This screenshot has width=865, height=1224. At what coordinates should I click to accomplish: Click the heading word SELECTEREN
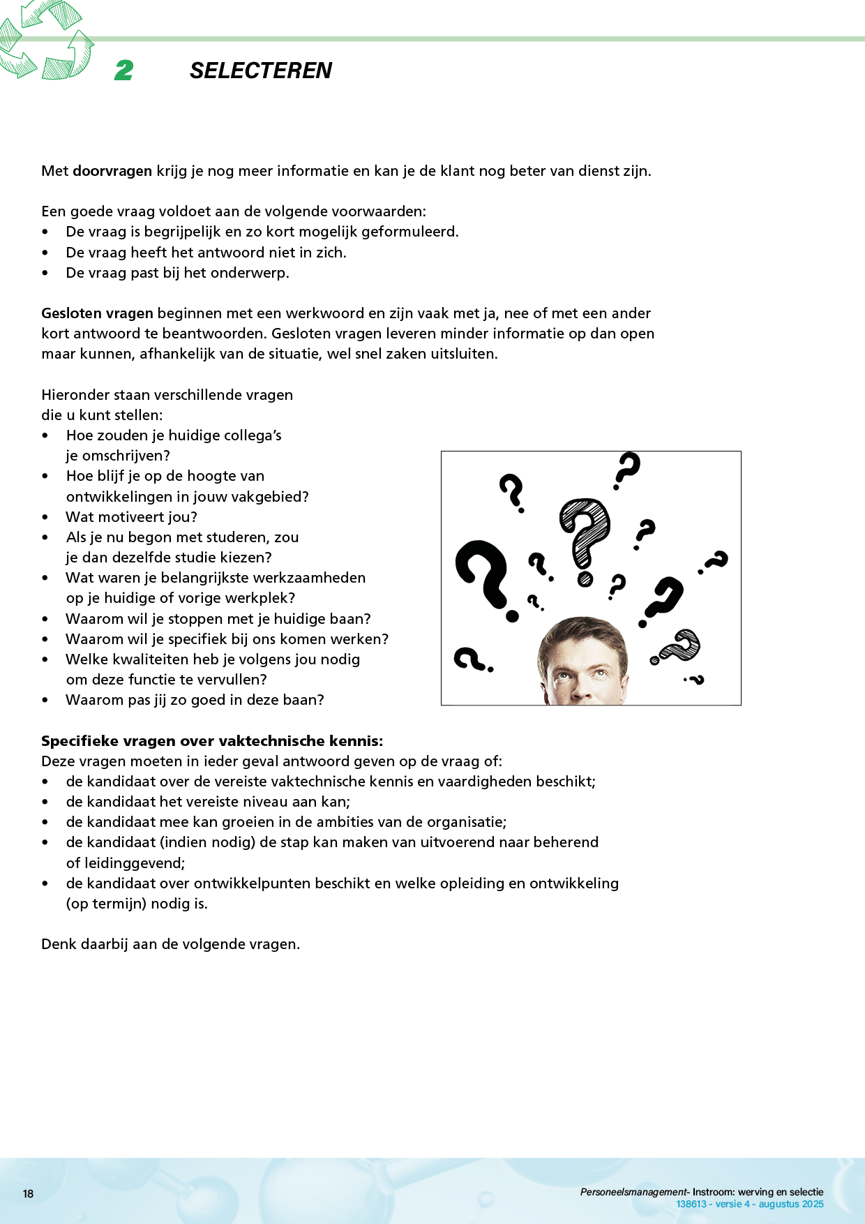pos(260,70)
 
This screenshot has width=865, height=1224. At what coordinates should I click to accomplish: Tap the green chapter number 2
pos(124,70)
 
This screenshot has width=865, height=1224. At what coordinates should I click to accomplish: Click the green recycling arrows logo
pos(46,40)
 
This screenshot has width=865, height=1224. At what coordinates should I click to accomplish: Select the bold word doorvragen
pos(112,171)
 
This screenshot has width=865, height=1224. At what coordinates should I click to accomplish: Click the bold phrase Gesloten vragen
pos(97,313)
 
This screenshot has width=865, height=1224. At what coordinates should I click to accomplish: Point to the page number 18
pos(28,1194)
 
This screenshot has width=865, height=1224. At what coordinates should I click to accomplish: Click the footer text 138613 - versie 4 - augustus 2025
pos(750,1204)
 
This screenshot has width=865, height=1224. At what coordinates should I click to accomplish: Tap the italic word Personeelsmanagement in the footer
pos(633,1193)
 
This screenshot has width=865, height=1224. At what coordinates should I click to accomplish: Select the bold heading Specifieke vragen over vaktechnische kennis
pos(212,741)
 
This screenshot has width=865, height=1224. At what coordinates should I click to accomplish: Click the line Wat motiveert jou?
pos(131,517)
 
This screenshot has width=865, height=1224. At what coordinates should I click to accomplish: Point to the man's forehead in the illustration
pos(582,642)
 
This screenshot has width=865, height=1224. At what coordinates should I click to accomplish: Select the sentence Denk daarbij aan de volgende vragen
pos(170,944)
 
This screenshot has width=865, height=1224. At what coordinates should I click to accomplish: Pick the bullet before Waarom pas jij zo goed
pos(45,701)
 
